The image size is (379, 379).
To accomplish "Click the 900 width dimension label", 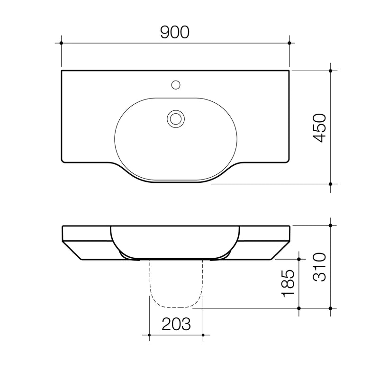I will pos(175,32).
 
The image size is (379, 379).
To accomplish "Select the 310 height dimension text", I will pos(321,267).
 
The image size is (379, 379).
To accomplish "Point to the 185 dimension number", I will pos(289,284).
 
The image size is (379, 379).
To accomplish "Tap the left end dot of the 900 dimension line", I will pos(62,43).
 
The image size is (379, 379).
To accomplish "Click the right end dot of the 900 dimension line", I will pos(289,43).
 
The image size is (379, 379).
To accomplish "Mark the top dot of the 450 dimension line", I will pos(330,70).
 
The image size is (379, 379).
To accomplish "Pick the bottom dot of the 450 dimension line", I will pos(330,183).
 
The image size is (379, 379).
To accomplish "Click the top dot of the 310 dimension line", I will pos(330,225).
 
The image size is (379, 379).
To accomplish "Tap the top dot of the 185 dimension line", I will pos(299,259).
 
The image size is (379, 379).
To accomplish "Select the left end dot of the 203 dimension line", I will pos(149,335).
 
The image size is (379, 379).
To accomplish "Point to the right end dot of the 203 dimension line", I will pos(203,335).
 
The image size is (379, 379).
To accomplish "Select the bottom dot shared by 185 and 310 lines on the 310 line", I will pos(330,308).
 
